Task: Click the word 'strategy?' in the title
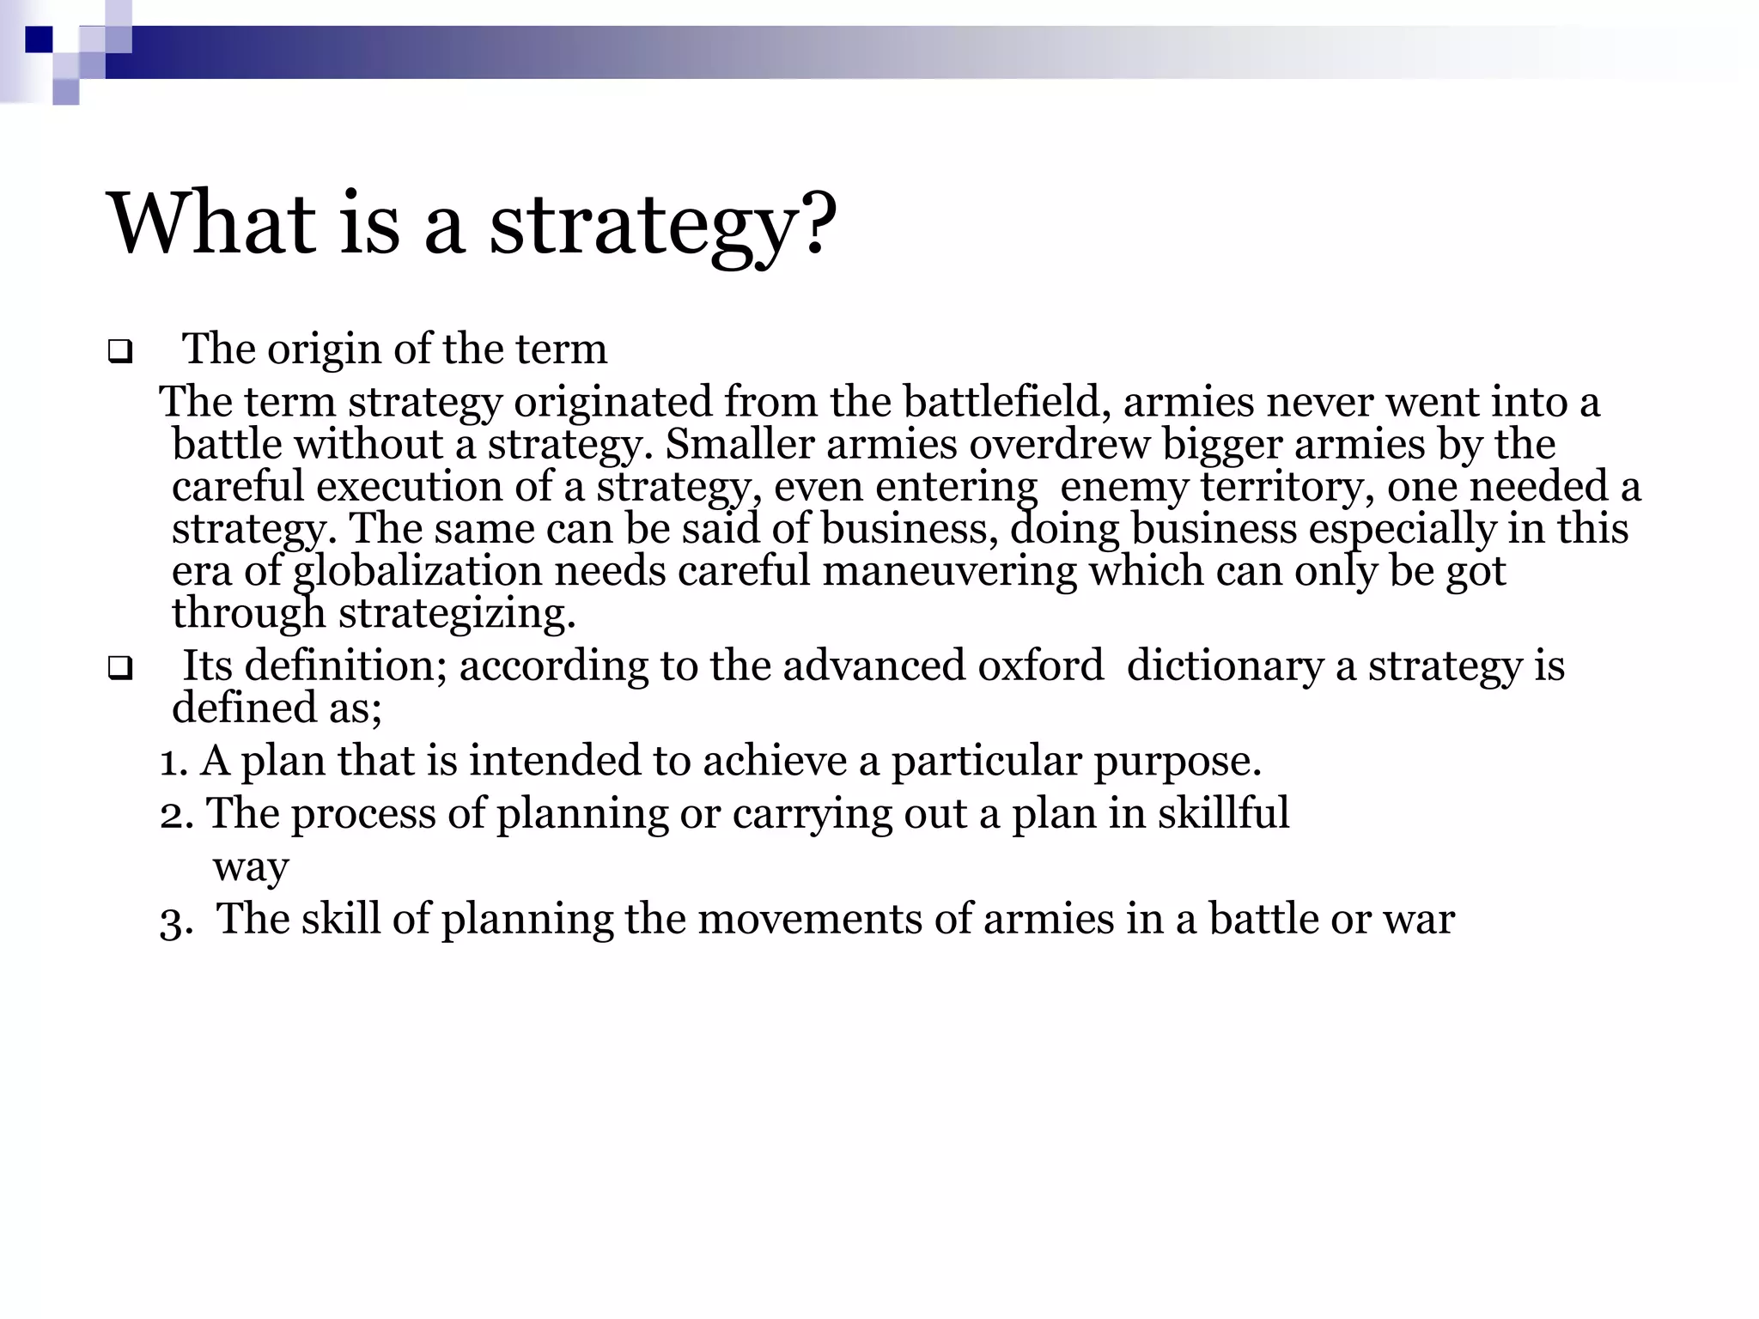(661, 225)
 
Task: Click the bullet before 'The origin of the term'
(120, 352)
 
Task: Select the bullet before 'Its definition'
(120, 668)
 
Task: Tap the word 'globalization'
(417, 571)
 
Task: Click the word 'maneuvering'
(949, 571)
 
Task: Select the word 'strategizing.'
(457, 613)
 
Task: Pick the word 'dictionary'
(1225, 666)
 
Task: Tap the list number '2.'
(176, 814)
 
